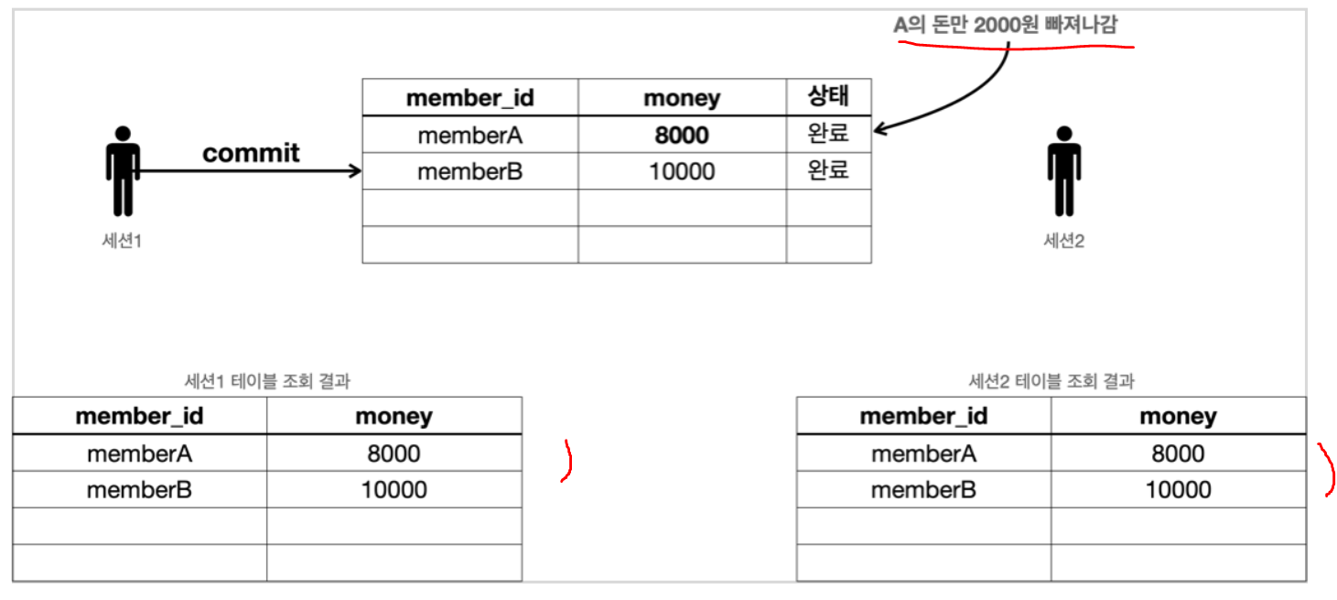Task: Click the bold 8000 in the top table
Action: (682, 135)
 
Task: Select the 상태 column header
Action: (828, 97)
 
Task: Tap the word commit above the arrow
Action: (251, 152)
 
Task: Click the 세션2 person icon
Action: (1062, 171)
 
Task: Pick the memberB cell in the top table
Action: (469, 171)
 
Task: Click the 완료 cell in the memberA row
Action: (828, 134)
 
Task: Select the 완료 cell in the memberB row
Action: (828, 170)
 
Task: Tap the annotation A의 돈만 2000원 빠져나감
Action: (1005, 25)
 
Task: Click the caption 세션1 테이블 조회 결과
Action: (267, 381)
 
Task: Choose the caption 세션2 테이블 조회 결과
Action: (1051, 381)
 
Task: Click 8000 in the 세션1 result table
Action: (394, 453)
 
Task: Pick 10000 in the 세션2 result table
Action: (1178, 490)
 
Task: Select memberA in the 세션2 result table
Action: (923, 453)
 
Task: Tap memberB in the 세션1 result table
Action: (139, 490)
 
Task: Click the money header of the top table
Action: (682, 98)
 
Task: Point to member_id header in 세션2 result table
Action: (923, 417)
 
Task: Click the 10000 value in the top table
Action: (682, 171)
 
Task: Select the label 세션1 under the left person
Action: (123, 241)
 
